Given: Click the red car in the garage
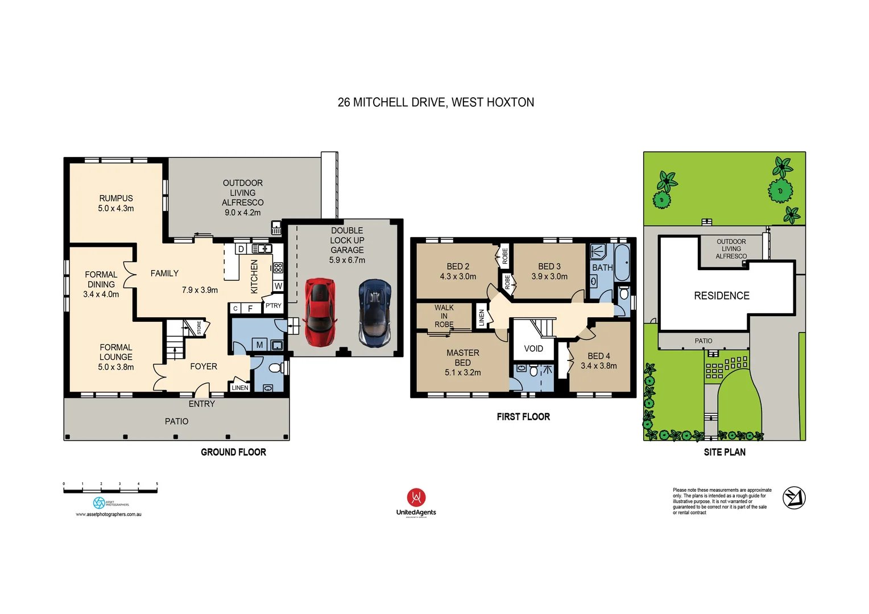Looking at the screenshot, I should [320, 312].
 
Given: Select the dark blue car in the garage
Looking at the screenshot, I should [375, 313].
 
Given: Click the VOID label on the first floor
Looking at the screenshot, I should [533, 349].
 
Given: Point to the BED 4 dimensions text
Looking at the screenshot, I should [598, 366].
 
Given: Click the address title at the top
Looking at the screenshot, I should [436, 102].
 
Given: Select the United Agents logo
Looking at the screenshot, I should [416, 503].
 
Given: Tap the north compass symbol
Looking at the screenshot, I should [794, 498].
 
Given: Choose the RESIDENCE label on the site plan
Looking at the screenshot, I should [722, 296].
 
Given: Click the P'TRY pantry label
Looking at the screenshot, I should [274, 306].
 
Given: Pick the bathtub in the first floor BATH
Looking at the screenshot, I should [622, 263].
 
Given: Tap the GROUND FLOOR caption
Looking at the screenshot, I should [233, 452].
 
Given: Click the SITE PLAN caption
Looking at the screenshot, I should [725, 452].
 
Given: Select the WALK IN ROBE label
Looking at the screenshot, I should [444, 316].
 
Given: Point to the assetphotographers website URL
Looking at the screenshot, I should [109, 515].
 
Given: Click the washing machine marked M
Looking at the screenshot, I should [259, 345].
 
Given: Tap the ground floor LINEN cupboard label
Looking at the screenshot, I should [240, 388].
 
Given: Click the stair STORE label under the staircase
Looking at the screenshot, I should [199, 328].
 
